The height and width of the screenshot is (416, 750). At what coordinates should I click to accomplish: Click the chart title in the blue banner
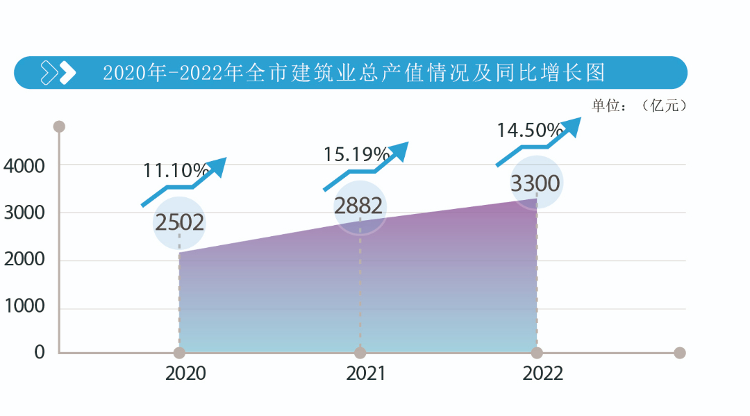[355, 73]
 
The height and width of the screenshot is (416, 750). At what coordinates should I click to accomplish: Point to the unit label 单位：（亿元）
[638, 106]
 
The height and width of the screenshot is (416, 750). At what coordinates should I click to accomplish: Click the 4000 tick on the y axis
[24, 166]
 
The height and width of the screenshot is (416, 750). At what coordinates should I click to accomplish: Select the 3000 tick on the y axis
[24, 213]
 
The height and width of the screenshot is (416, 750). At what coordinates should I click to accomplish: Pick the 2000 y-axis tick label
[24, 260]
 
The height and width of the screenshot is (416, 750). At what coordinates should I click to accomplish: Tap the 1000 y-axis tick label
[24, 306]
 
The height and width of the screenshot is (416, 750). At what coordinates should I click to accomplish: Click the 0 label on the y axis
[39, 353]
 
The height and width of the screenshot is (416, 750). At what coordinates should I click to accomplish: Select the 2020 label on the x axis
[185, 374]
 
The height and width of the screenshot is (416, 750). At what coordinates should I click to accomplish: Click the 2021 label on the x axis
[366, 374]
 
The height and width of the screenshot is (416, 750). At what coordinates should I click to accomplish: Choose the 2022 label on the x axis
[543, 374]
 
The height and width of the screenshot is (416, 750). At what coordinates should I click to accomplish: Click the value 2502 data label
[179, 223]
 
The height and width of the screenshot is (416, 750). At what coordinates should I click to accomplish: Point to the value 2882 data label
[358, 206]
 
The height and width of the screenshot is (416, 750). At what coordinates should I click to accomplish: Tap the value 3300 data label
[535, 184]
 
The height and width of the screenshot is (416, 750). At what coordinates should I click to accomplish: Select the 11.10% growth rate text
[176, 171]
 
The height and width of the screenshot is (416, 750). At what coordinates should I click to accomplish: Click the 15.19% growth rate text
[356, 153]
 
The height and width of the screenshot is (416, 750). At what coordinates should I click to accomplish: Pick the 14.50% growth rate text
[530, 131]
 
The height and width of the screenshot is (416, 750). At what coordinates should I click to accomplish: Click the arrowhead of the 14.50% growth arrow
[572, 127]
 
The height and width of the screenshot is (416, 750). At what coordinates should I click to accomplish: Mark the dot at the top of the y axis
[59, 126]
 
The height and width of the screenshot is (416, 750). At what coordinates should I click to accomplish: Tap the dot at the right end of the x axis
[680, 353]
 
